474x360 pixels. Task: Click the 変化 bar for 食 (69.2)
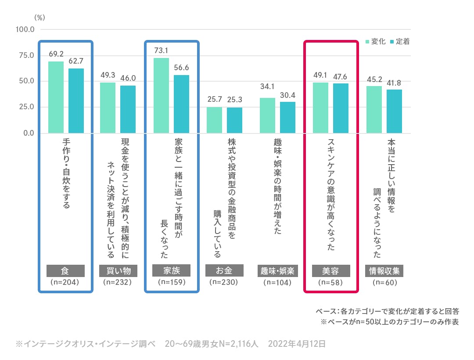tap(56, 97)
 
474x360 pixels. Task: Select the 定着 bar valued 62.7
tap(76, 101)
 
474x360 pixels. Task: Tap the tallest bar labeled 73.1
tap(161, 95)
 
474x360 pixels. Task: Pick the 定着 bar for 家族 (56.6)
tap(181, 104)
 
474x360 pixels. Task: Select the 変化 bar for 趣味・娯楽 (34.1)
tap(267, 115)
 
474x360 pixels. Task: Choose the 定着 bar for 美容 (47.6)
tap(341, 108)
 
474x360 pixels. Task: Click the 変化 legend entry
tap(376, 42)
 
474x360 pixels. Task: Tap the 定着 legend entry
tap(400, 42)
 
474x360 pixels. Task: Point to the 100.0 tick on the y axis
tap(25, 29)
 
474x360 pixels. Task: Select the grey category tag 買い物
tap(118, 270)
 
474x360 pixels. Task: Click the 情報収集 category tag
tap(384, 270)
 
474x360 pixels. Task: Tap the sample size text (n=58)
tap(331, 282)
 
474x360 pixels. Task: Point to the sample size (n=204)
tap(65, 282)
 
